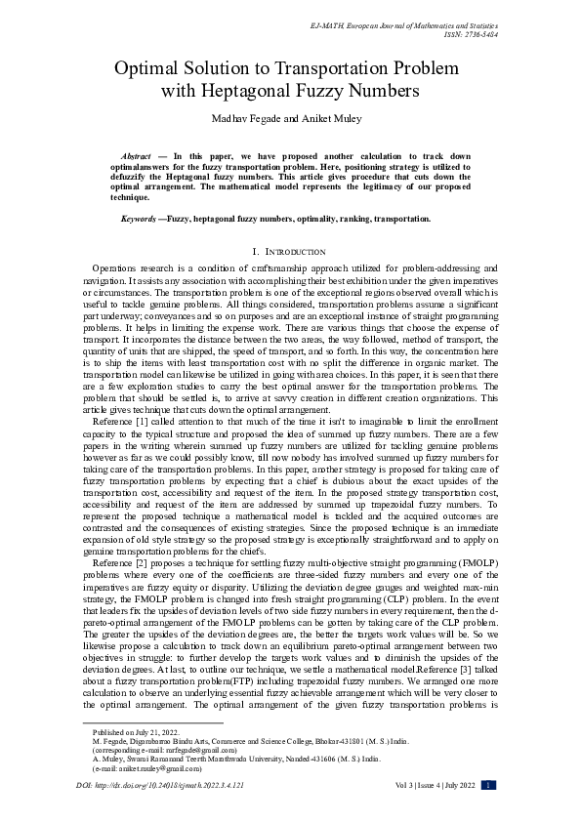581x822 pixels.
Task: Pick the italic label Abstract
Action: click(x=136, y=156)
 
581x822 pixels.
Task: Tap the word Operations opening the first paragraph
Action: click(x=115, y=267)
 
